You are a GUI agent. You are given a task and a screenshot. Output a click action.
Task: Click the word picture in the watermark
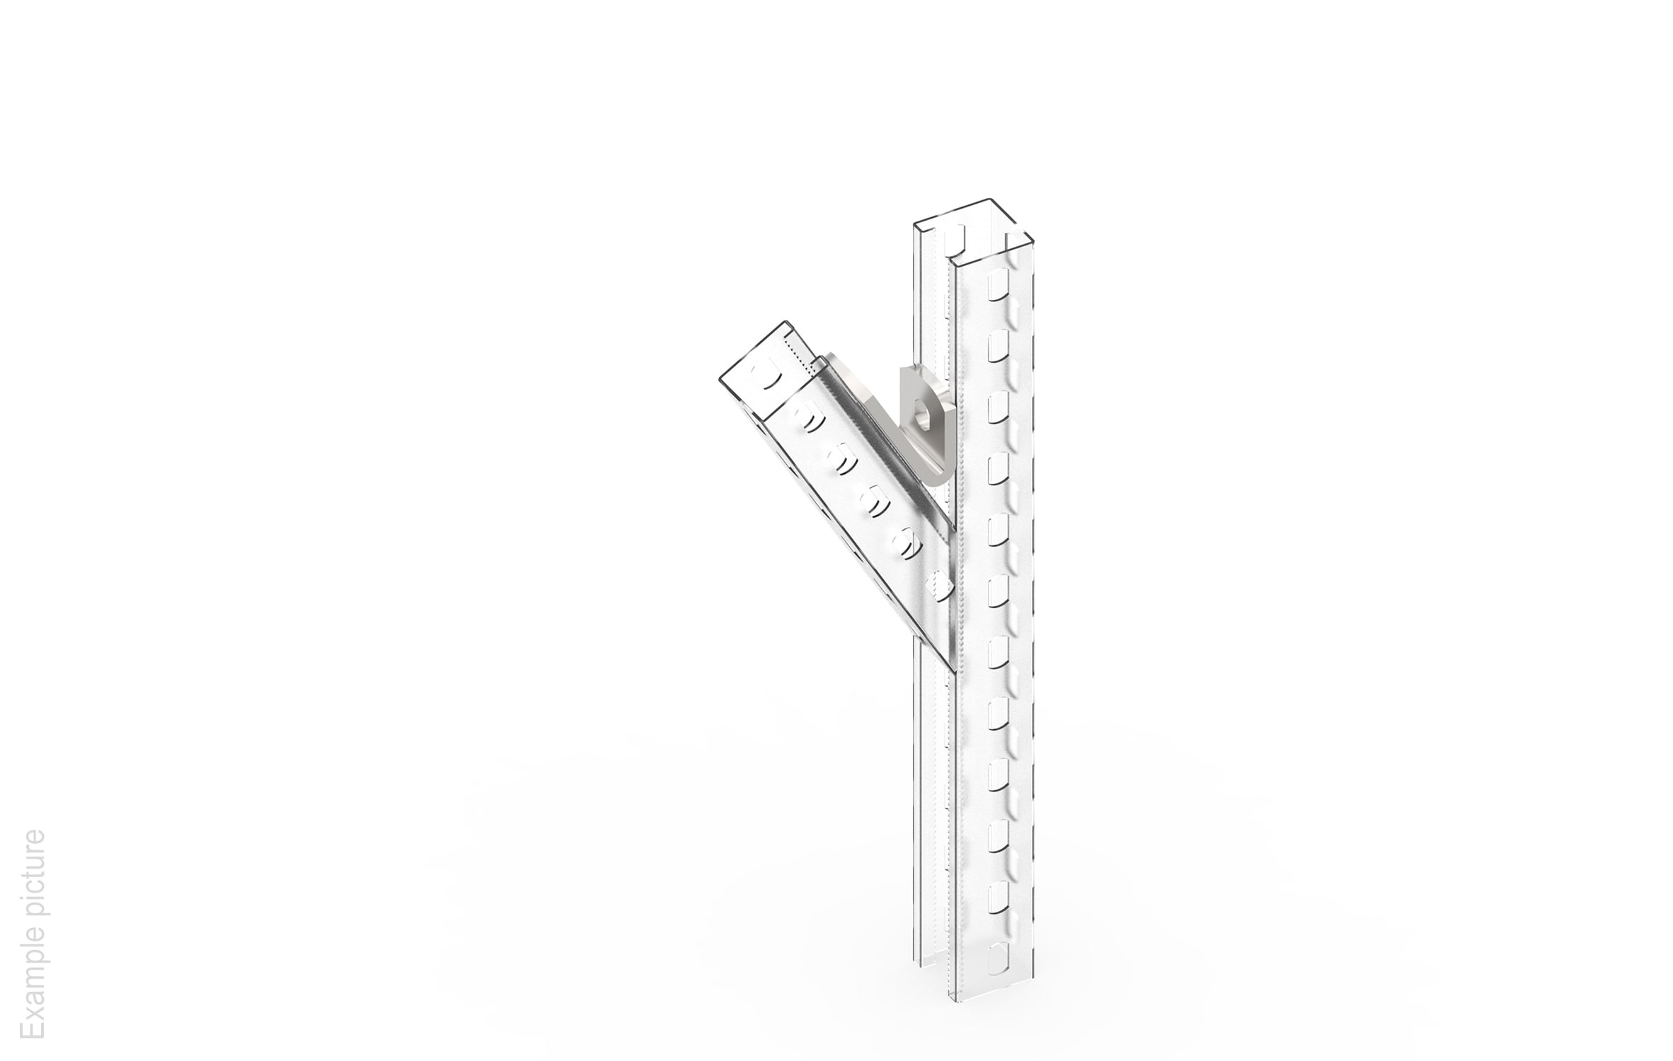[33, 871]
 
